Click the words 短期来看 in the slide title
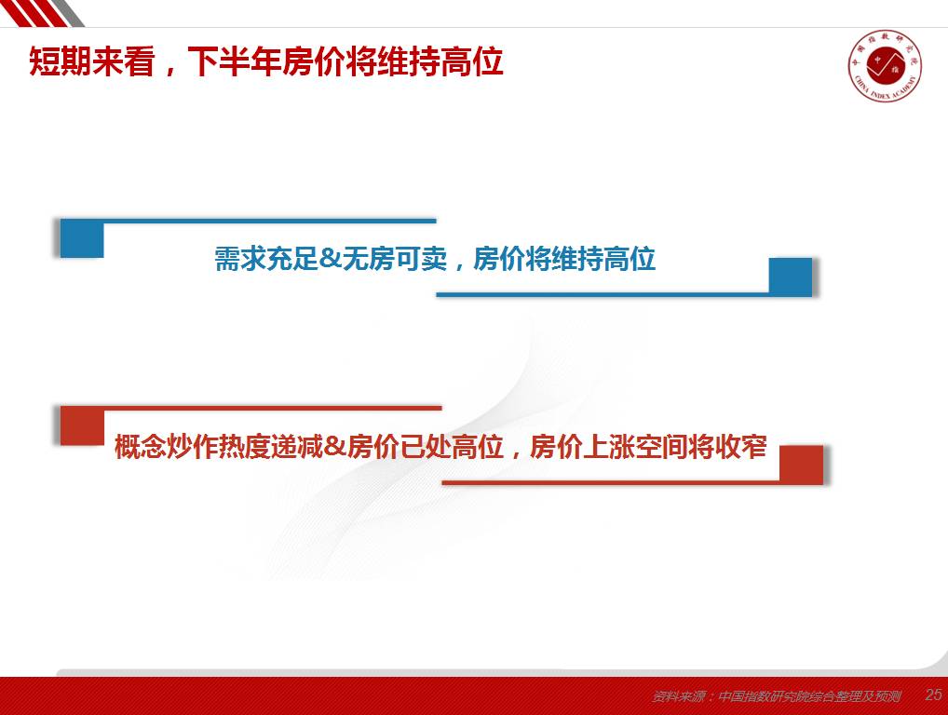pyautogui.click(x=92, y=61)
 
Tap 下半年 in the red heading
pyautogui.click(x=235, y=61)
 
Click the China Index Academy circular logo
pyautogui.click(x=885, y=66)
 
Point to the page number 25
pyautogui.click(x=933, y=695)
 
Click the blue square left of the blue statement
pyautogui.click(x=82, y=238)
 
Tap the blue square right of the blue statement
pyautogui.click(x=791, y=277)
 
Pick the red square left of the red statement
pyautogui.click(x=82, y=426)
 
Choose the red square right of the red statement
pyautogui.click(x=801, y=465)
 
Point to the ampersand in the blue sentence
pyautogui.click(x=330, y=260)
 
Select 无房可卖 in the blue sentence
pyautogui.click(x=395, y=259)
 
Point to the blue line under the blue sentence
pyautogui.click(x=603, y=294)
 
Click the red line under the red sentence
pyautogui.click(x=611, y=482)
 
